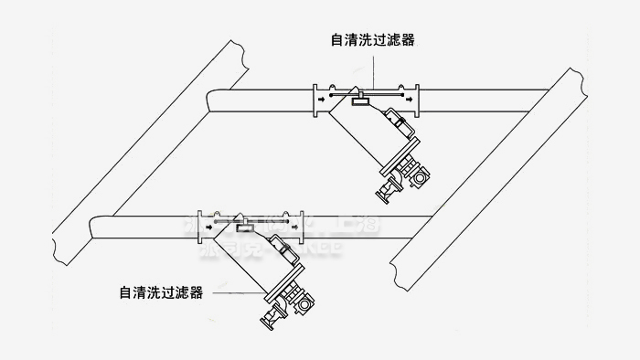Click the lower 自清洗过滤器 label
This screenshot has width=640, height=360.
(160, 293)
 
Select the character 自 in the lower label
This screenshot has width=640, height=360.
(125, 293)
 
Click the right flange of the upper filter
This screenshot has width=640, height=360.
(417, 95)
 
